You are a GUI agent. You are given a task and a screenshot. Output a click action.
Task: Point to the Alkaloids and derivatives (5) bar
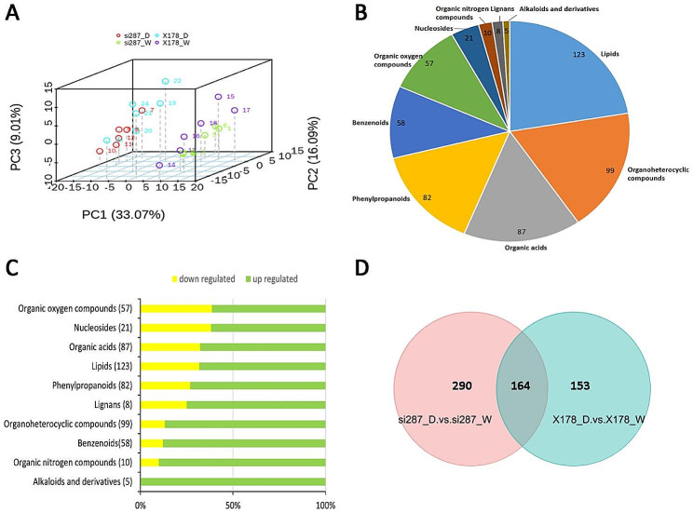click(233, 480)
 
